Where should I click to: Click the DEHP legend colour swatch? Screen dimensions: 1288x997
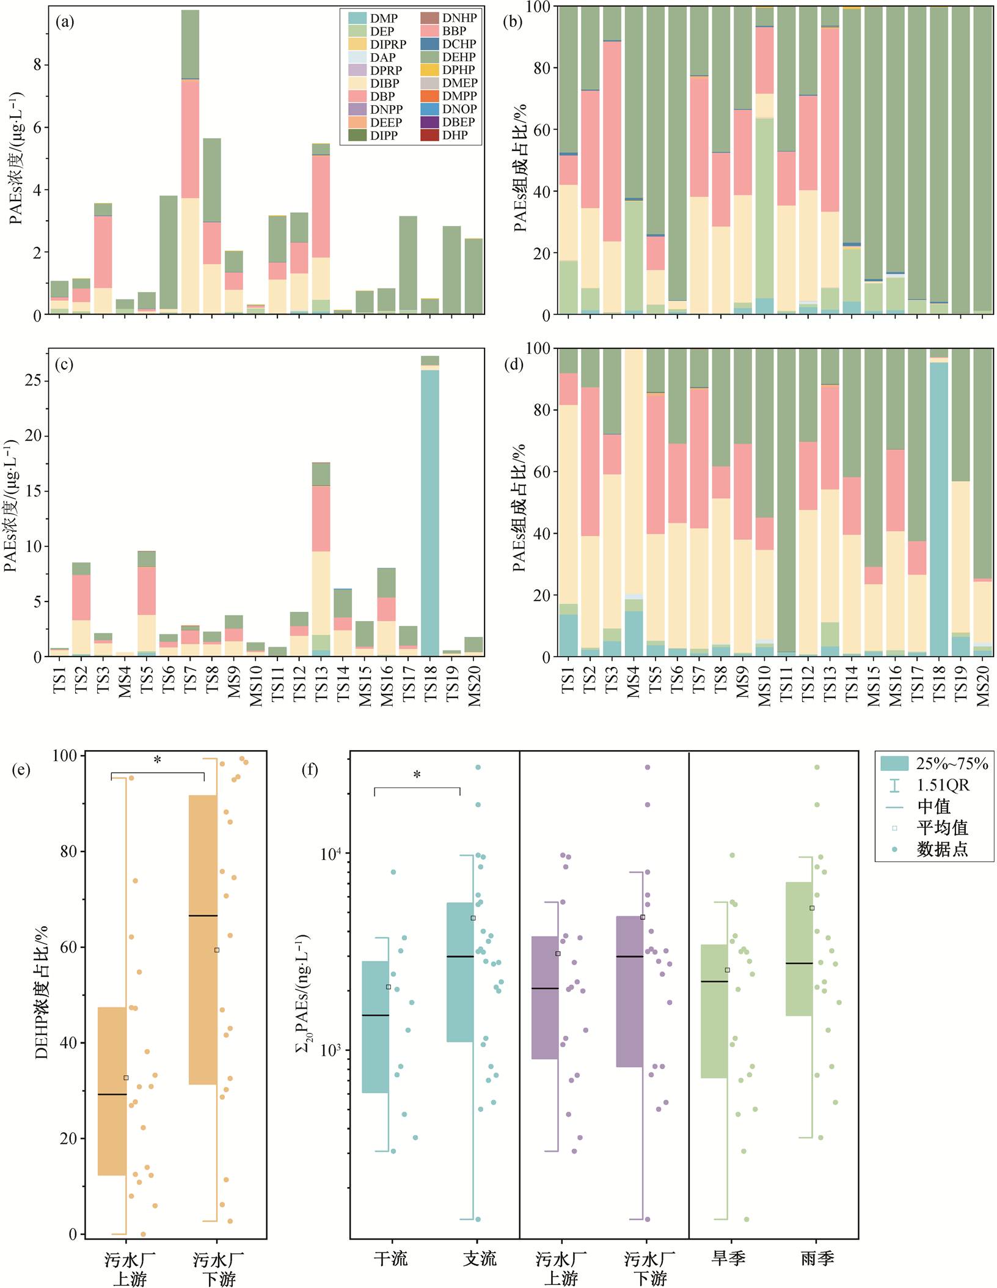click(x=429, y=57)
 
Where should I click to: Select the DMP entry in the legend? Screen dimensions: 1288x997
click(x=373, y=18)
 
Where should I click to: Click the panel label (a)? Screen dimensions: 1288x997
click(x=65, y=23)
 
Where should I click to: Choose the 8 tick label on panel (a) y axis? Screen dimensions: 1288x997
click(x=37, y=65)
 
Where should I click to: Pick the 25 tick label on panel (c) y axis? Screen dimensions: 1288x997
click(x=33, y=380)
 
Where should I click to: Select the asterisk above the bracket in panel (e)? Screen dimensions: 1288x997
click(x=158, y=760)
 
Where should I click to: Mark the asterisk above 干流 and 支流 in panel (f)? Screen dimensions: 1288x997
click(x=417, y=775)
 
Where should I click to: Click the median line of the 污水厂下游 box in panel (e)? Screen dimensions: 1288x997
click(x=203, y=916)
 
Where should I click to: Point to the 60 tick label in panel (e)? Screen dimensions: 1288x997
click(x=68, y=948)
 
